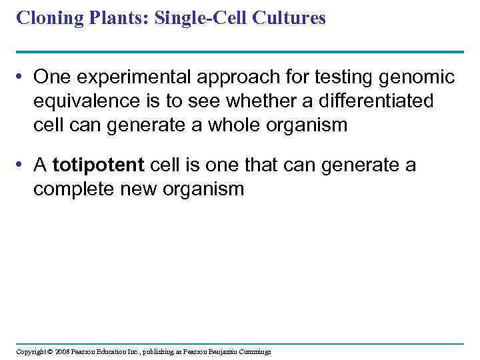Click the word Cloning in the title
[x=45, y=18]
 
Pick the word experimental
[x=125, y=78]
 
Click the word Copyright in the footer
[x=31, y=351]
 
